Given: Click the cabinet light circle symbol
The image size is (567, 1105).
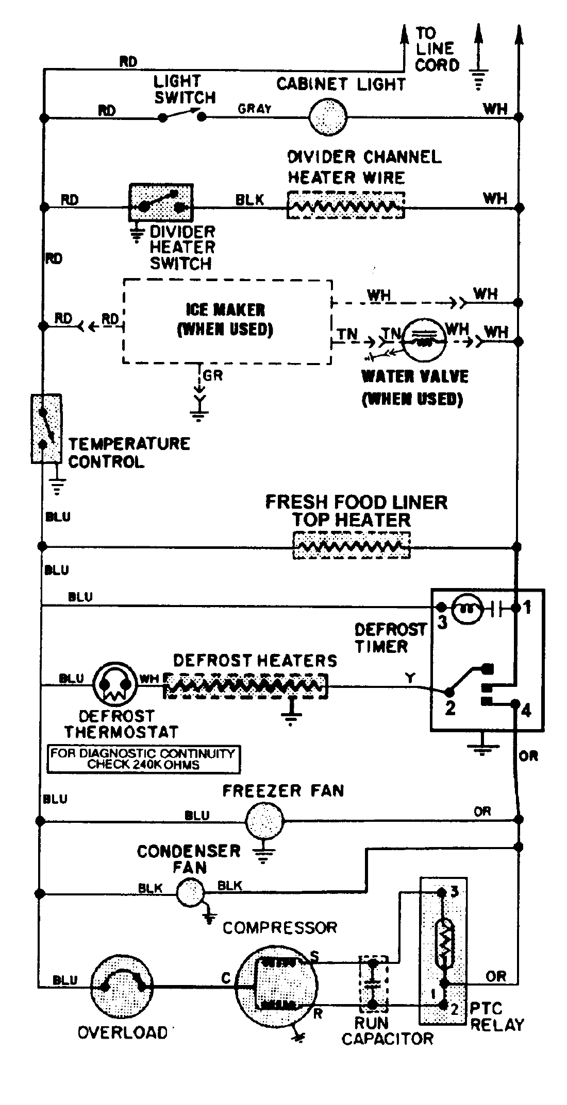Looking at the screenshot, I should pos(328,117).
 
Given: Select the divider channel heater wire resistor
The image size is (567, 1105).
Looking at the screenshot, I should pos(345,206).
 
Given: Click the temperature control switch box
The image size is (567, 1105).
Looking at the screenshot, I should pos(46,428).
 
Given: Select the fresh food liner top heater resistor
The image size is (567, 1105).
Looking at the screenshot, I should pos(352,546).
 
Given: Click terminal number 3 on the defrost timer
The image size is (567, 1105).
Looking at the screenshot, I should pos(442,621).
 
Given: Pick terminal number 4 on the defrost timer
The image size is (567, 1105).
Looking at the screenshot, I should pos(526,711).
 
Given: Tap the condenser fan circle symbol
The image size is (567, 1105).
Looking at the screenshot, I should pos(190,893).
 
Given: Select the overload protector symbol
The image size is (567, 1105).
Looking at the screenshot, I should pos(123,987).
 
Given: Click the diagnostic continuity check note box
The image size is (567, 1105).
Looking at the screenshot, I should pos(143,758).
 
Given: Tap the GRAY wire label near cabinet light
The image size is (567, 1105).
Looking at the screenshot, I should pos(254,109).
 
